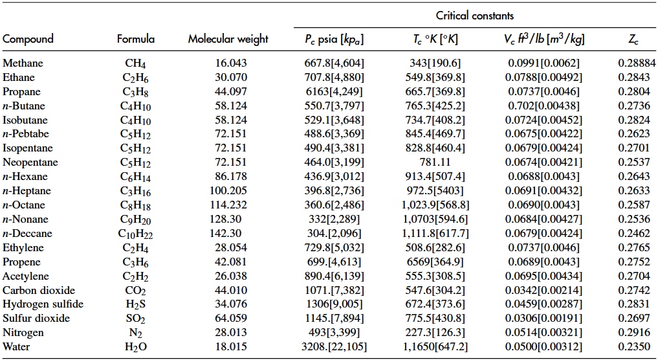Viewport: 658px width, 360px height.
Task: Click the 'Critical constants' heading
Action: pos(475,16)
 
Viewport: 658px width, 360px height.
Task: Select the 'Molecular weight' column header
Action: pos(228,39)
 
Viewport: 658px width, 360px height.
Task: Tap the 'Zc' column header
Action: pos(633,39)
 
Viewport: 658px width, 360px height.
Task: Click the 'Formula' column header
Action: pos(136,39)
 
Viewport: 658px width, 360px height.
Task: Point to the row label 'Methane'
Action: pos(23,63)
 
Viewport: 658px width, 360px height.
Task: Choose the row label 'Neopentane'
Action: pos(30,163)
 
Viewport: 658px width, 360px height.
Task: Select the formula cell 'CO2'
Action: pos(136,290)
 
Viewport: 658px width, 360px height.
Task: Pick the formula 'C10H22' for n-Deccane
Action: pos(136,234)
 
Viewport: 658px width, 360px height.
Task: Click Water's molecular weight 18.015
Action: pos(229,347)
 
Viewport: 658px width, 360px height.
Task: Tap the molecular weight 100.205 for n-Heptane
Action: pos(229,191)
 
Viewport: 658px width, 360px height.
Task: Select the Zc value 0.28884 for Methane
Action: pos(633,63)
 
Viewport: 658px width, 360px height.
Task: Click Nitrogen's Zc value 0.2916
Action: pos(633,333)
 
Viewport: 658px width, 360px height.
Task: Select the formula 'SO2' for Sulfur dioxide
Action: pos(136,319)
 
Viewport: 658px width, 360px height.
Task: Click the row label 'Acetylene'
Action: pos(25,276)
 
